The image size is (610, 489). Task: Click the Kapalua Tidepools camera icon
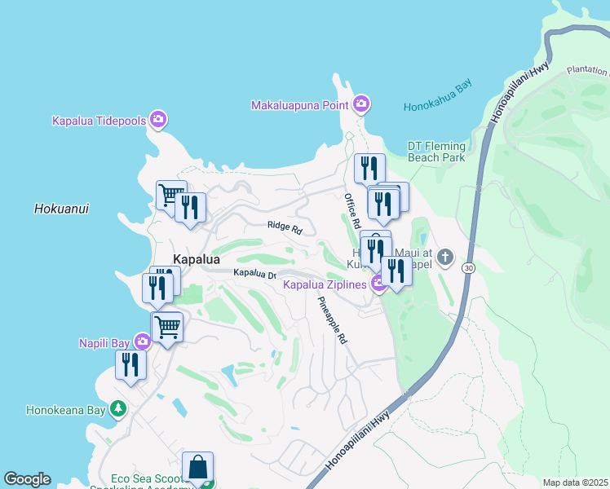pyautogui.click(x=158, y=121)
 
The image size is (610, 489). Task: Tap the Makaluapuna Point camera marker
pyautogui.click(x=361, y=104)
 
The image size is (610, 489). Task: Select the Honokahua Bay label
pyautogui.click(x=437, y=107)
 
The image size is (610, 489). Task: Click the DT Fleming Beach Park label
pyautogui.click(x=436, y=152)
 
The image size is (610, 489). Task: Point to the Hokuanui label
pyautogui.click(x=61, y=209)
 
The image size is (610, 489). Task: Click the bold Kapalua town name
pyautogui.click(x=197, y=260)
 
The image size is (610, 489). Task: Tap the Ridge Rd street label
pyautogui.click(x=285, y=228)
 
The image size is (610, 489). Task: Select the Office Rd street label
pyautogui.click(x=351, y=210)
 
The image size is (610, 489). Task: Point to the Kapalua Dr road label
pyautogui.click(x=254, y=274)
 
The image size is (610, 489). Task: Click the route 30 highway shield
pyautogui.click(x=467, y=267)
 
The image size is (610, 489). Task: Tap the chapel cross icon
pyautogui.click(x=444, y=258)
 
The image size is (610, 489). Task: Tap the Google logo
pyautogui.click(x=27, y=479)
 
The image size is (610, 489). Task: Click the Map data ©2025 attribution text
pyautogui.click(x=574, y=482)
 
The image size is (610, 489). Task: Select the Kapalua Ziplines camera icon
pyautogui.click(x=378, y=284)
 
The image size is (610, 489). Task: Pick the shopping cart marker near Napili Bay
pyautogui.click(x=167, y=328)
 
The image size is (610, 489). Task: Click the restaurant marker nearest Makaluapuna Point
pyautogui.click(x=369, y=169)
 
